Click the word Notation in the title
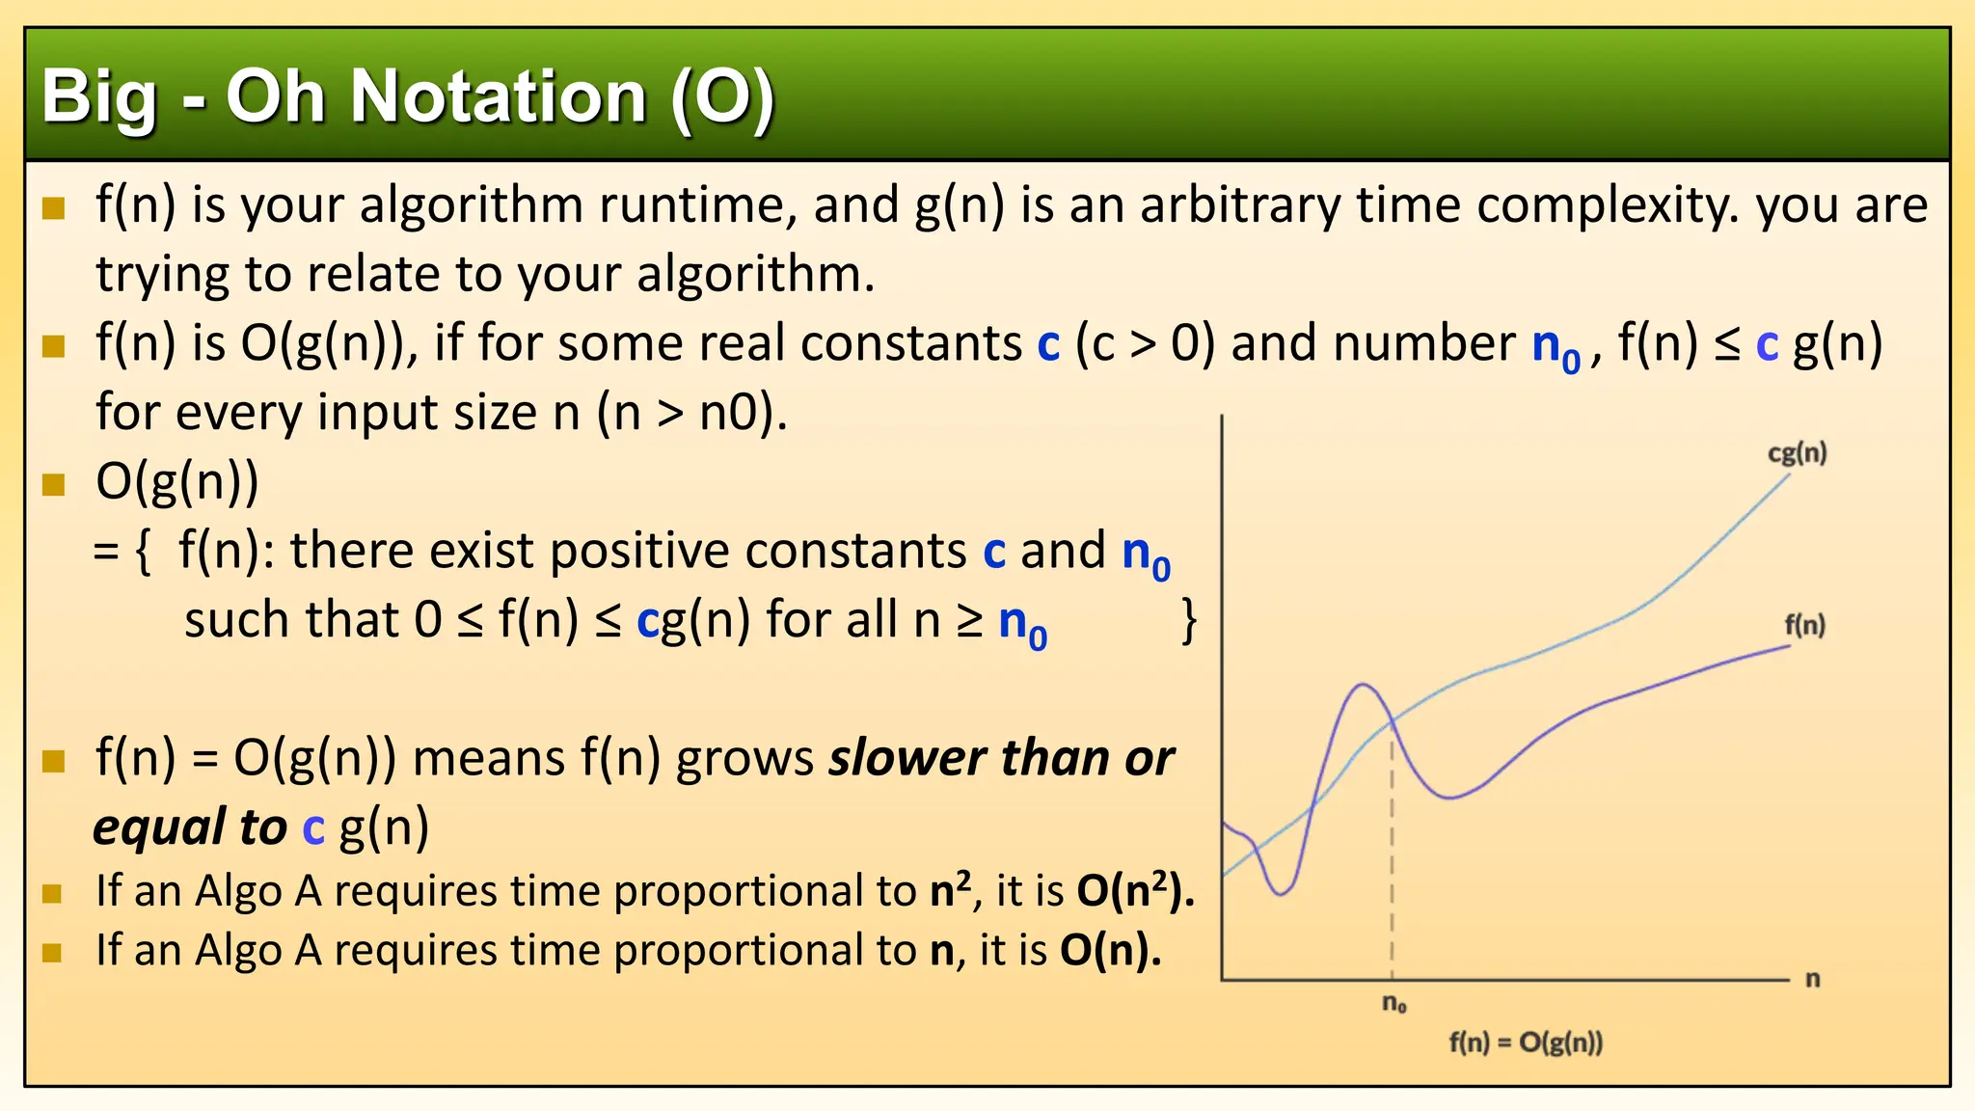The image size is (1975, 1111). pyautogui.click(x=498, y=97)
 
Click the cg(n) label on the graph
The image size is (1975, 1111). pyautogui.click(x=1797, y=453)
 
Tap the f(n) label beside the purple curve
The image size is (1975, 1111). pyautogui.click(x=1804, y=625)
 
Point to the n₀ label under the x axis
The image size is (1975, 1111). pyautogui.click(x=1394, y=1004)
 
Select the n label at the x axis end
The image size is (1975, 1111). pyautogui.click(x=1813, y=980)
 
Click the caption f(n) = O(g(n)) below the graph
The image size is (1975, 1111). pyautogui.click(x=1526, y=1043)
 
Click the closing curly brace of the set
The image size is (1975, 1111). pyautogui.click(x=1190, y=620)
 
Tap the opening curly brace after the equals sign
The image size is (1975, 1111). pyautogui.click(x=144, y=552)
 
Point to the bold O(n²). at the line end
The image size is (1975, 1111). pyautogui.click(x=1135, y=890)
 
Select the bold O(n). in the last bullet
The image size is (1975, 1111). pyautogui.click(x=1110, y=951)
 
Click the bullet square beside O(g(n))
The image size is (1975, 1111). pyautogui.click(x=54, y=483)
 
